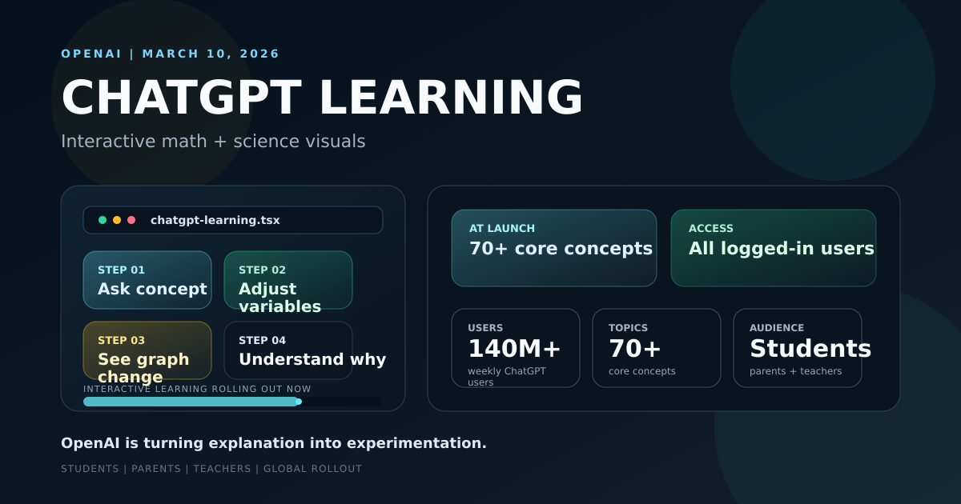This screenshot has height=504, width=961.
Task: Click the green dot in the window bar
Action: pyautogui.click(x=103, y=220)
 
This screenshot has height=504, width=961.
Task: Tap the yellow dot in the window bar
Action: pyautogui.click(x=117, y=220)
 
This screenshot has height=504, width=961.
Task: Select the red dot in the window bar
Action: pyautogui.click(x=131, y=220)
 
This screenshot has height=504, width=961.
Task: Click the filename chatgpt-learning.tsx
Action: pyautogui.click(x=215, y=220)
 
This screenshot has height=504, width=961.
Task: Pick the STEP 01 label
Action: pyautogui.click(x=121, y=270)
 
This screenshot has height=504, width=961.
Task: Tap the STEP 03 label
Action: pyautogui.click(x=121, y=341)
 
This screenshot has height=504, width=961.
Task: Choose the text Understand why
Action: pyautogui.click(x=312, y=360)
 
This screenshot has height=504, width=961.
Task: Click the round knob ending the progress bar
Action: pyautogui.click(x=299, y=402)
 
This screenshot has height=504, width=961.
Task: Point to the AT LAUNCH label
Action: pyautogui.click(x=502, y=229)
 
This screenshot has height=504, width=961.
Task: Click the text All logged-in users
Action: pyautogui.click(x=781, y=249)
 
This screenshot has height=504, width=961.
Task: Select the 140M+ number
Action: pyautogui.click(x=514, y=350)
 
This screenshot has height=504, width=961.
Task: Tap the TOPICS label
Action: pyautogui.click(x=628, y=328)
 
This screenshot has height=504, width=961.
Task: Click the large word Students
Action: pyautogui.click(x=810, y=350)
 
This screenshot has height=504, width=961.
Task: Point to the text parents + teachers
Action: pyautogui.click(x=795, y=371)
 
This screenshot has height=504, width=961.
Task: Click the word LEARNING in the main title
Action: pyautogui.click(x=451, y=98)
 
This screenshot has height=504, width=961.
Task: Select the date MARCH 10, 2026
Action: pyautogui.click(x=211, y=54)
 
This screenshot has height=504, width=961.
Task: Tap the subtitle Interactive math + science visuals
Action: pyautogui.click(x=213, y=142)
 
